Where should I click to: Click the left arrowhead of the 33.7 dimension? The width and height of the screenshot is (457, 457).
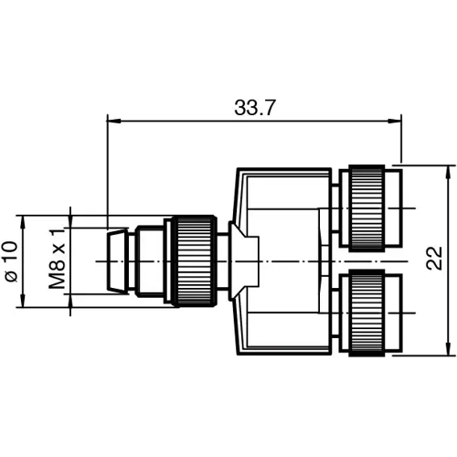[x=112, y=118]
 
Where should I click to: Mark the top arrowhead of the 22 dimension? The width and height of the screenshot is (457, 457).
[x=448, y=171]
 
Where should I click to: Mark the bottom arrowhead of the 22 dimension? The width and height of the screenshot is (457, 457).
[x=448, y=350]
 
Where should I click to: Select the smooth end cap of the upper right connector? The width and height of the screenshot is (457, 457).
[x=393, y=207]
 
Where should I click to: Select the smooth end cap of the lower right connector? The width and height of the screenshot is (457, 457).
[x=393, y=314]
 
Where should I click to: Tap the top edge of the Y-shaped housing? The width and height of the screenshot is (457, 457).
[x=283, y=170]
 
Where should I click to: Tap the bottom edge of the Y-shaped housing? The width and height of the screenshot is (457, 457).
[x=283, y=352]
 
